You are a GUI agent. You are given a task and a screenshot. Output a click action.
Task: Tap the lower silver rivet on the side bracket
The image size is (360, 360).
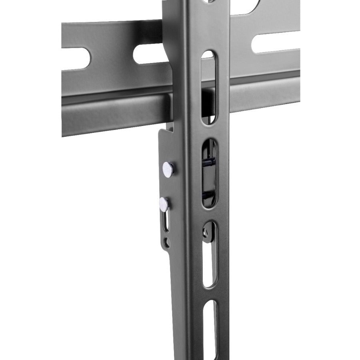164,204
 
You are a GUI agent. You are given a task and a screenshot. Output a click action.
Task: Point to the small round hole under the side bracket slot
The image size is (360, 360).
167,242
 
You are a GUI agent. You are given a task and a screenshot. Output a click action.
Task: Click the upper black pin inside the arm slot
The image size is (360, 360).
208,162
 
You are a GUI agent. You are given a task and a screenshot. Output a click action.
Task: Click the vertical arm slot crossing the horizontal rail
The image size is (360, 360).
208,86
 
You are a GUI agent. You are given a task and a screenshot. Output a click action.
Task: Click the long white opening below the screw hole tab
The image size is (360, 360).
210,264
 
